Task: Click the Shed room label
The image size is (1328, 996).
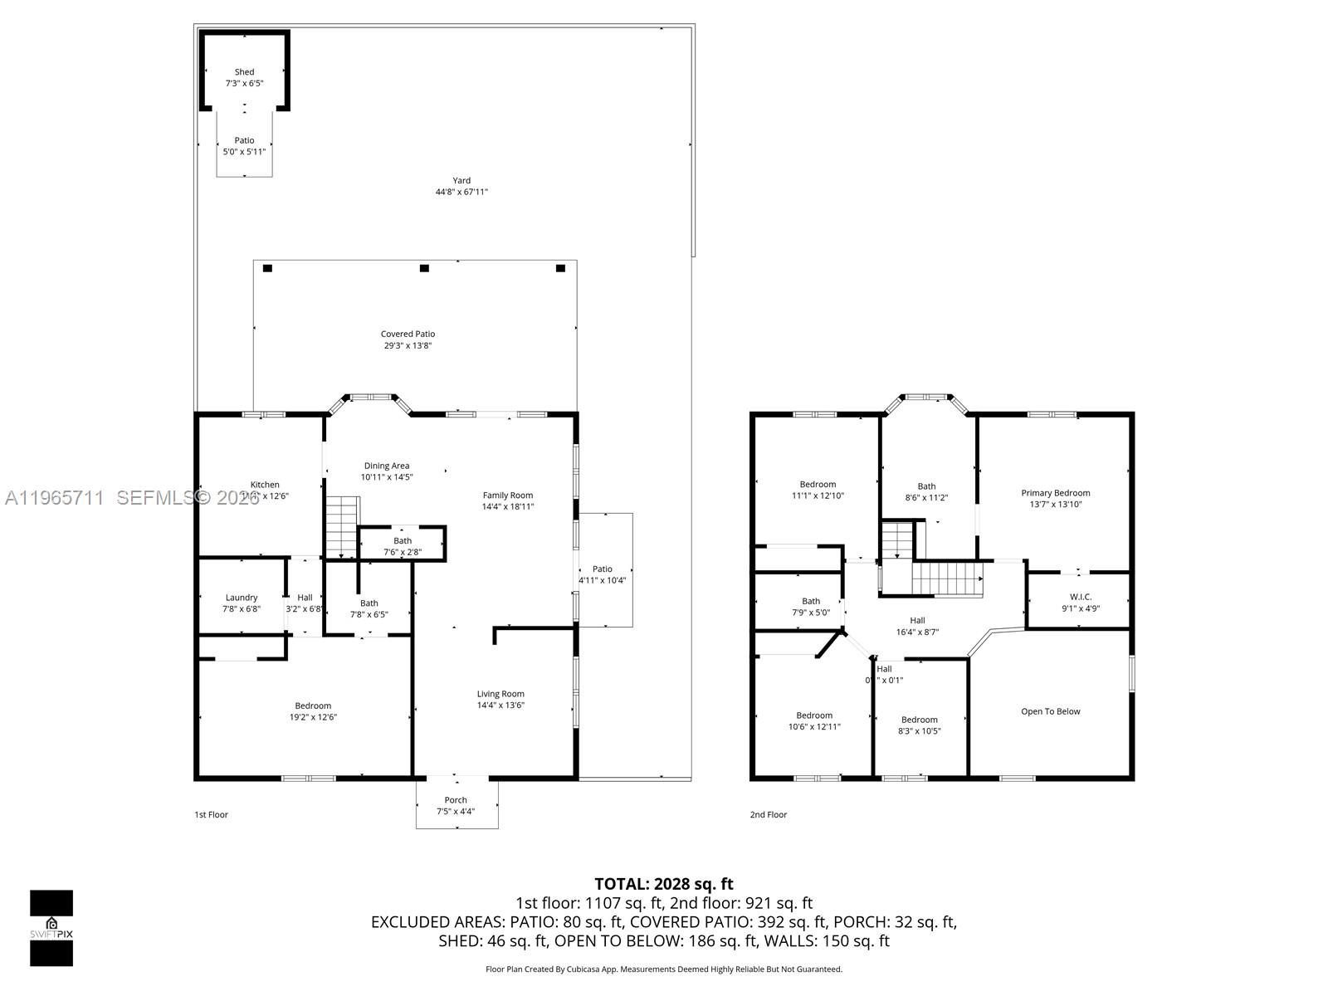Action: (x=244, y=72)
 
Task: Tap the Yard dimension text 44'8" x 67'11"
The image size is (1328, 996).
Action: (x=461, y=192)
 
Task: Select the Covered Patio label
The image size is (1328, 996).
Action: (x=408, y=334)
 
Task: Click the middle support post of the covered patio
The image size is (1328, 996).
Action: (x=424, y=268)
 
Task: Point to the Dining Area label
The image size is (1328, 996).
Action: (x=386, y=466)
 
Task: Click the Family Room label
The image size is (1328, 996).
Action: (x=508, y=496)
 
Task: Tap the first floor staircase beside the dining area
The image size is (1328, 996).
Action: (x=341, y=526)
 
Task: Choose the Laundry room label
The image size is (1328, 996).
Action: (x=242, y=598)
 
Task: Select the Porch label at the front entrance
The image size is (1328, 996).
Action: (x=456, y=800)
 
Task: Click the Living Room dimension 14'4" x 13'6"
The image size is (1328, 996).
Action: (x=500, y=705)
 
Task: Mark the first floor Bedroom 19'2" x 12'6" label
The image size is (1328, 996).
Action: (x=313, y=705)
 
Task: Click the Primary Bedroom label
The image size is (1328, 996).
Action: (x=1055, y=493)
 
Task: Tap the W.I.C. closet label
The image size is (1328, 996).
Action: (x=1081, y=597)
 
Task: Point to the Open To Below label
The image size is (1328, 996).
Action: (x=1050, y=711)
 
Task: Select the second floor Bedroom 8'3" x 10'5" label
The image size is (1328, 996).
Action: (x=920, y=720)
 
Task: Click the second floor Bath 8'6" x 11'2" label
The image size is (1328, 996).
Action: (x=926, y=486)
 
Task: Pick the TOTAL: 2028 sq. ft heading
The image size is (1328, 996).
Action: (x=663, y=884)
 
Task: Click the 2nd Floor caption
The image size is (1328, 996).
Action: (x=768, y=815)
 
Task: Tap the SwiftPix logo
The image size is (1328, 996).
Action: (x=51, y=927)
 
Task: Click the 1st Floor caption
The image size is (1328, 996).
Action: (x=211, y=815)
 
